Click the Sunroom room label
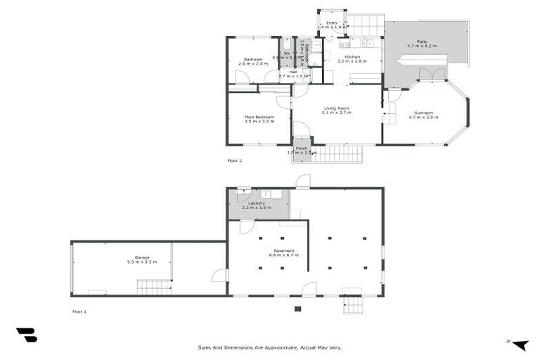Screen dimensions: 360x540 (423, 112)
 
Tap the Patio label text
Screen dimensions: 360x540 (421, 41)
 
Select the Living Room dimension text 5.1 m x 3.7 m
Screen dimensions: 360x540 (337, 112)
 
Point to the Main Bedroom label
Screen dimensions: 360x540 (259, 117)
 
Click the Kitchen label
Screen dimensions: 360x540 (352, 57)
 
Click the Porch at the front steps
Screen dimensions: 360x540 (301, 149)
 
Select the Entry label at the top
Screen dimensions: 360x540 (332, 23)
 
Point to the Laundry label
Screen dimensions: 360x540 (256, 202)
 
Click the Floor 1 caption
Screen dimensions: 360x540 (79, 310)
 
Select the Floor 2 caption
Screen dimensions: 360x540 (234, 160)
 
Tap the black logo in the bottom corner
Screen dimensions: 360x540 (26, 335)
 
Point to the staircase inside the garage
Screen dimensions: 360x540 (153, 286)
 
